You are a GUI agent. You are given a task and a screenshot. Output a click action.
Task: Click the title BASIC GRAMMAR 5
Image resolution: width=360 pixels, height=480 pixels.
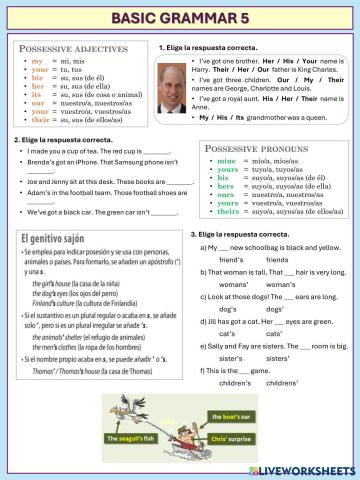(180, 18)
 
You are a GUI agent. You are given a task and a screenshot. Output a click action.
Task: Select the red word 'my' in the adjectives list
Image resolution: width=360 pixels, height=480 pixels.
(38, 62)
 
